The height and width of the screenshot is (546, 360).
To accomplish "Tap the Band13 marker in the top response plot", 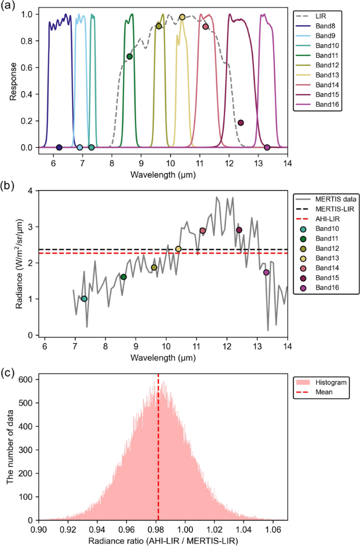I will coord(182,17).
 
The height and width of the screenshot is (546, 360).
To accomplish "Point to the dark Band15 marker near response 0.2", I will coord(241,123).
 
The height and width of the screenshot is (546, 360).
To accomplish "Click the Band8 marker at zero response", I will coord(59,147).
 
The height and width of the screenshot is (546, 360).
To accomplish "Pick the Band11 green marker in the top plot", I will coord(129,56).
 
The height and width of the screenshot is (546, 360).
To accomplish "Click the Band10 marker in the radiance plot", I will coord(84,299).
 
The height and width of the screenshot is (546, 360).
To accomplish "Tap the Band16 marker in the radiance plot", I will coord(266,272).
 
